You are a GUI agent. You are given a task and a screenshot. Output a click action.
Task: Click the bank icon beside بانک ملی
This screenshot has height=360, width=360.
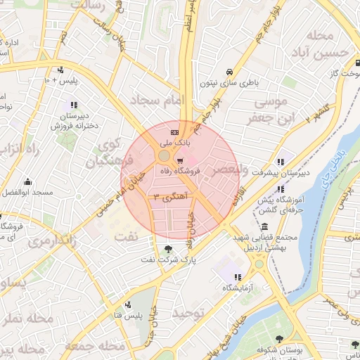[x=174, y=132]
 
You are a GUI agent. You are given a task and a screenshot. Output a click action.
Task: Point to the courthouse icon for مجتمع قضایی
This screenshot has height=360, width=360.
[x=264, y=227]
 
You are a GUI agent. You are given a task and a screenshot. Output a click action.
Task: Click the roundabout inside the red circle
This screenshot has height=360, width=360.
[x=164, y=155]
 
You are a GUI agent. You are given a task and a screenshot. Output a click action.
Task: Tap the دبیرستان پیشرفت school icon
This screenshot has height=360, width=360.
[x=281, y=161]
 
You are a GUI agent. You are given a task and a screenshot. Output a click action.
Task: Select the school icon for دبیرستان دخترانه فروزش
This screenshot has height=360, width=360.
[x=74, y=105]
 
